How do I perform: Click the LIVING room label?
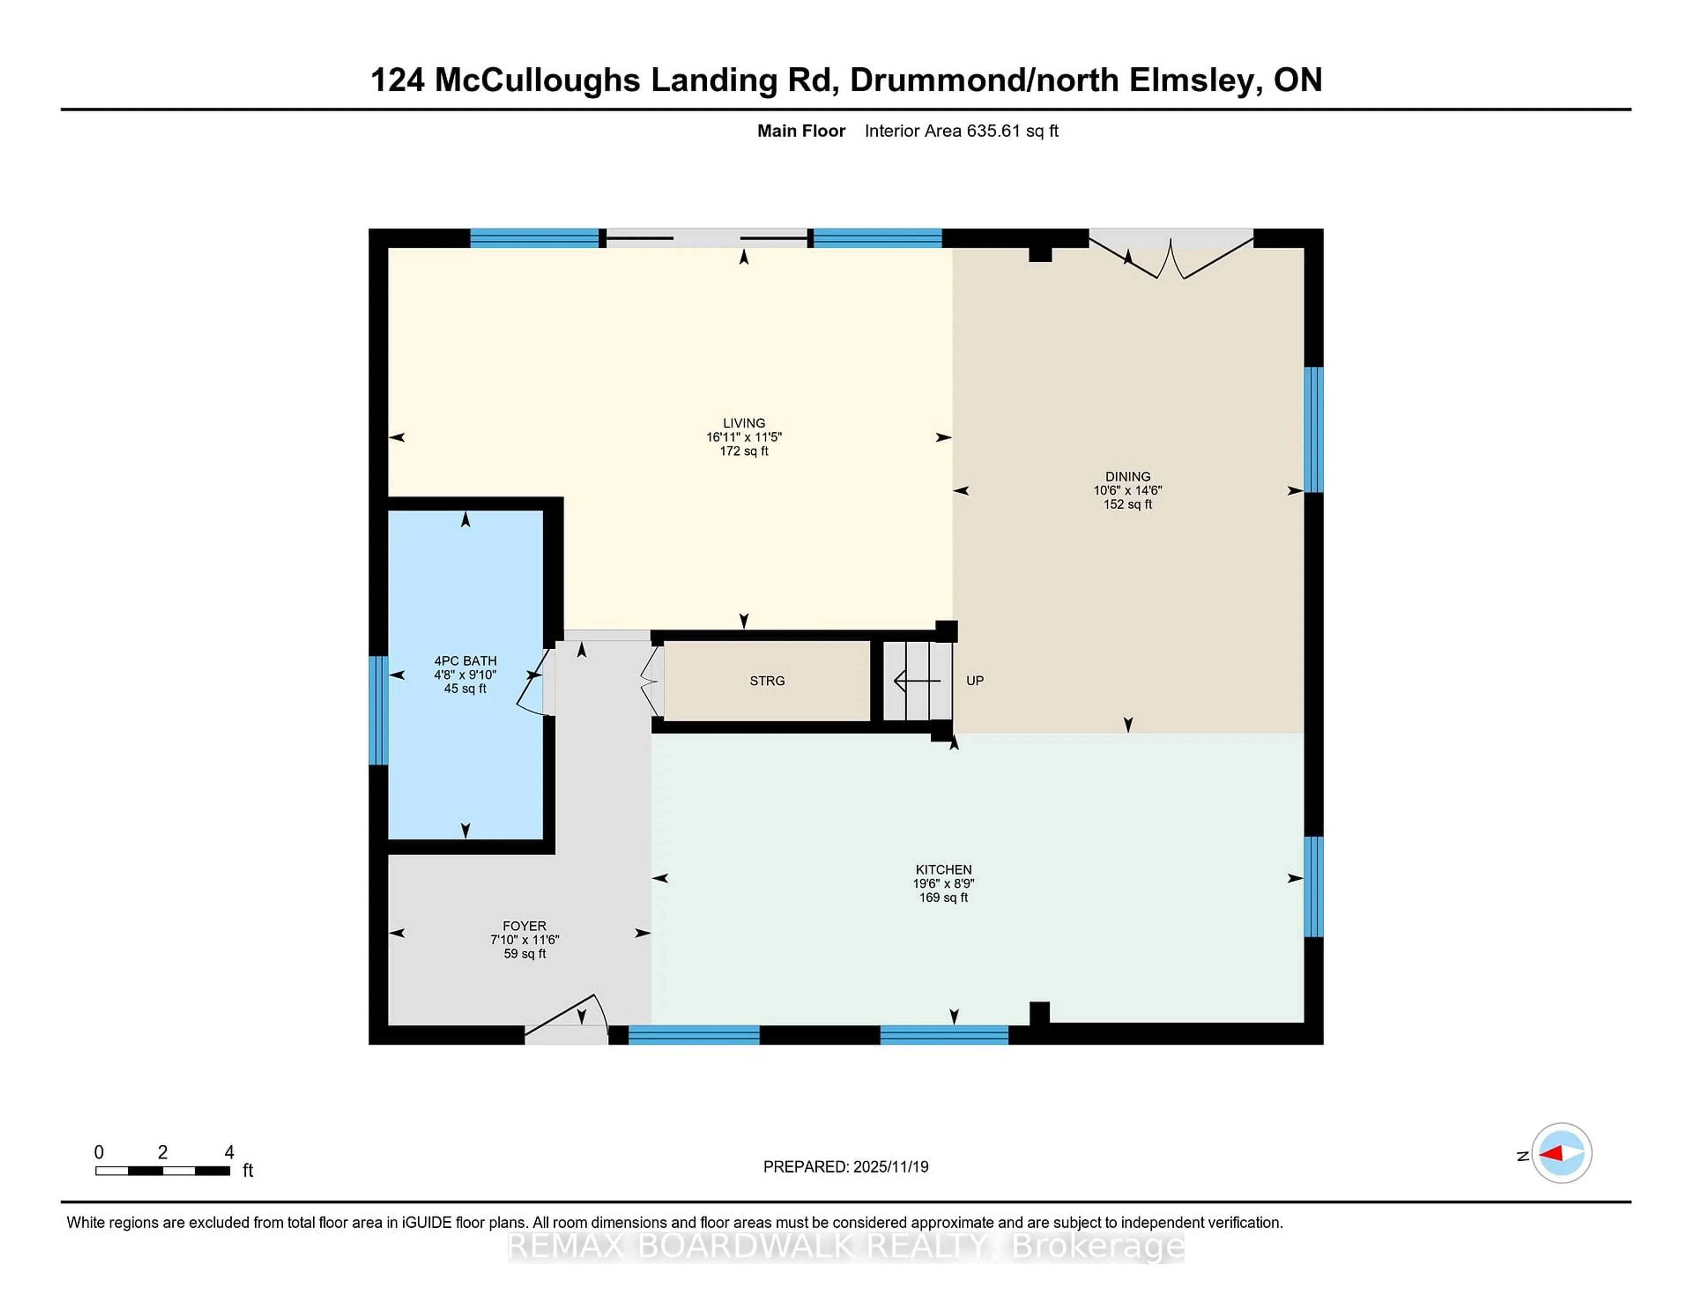click(x=744, y=423)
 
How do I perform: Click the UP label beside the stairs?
click(x=975, y=680)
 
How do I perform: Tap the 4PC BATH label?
click(x=465, y=661)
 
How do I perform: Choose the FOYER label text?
click(x=524, y=926)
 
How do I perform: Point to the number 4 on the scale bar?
click(x=229, y=1152)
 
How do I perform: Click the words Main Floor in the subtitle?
click(x=801, y=131)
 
